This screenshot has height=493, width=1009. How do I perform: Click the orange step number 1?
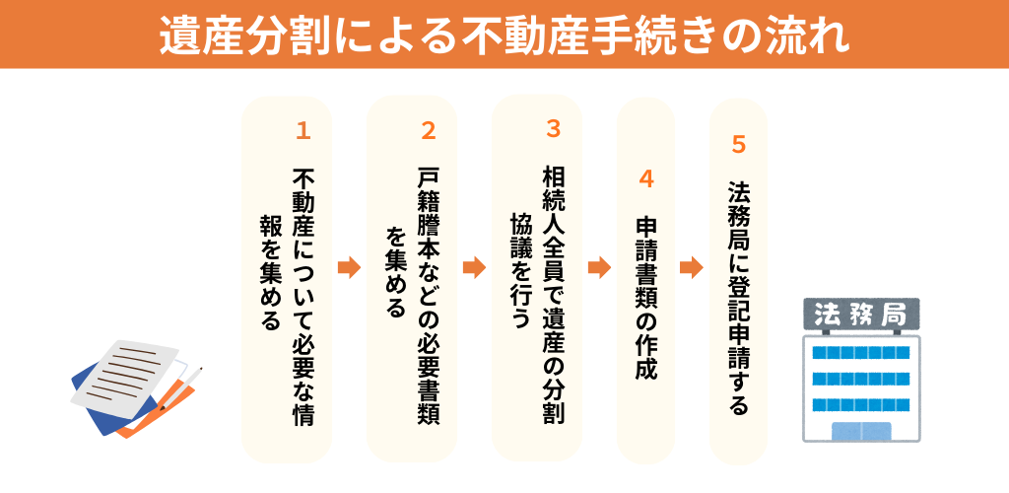pyautogui.click(x=303, y=130)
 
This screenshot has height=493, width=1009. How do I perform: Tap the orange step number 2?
pyautogui.click(x=428, y=130)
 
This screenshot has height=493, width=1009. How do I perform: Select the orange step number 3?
pyautogui.click(x=553, y=128)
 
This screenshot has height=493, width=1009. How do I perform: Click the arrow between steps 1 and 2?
pyautogui.click(x=349, y=267)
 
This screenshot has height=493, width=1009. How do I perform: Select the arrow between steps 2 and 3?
pyautogui.click(x=474, y=267)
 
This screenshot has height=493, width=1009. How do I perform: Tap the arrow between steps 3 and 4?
pyautogui.click(x=599, y=267)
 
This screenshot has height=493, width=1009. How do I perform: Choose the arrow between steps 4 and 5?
pyautogui.click(x=692, y=267)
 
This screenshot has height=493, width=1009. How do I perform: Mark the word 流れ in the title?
pyautogui.click(x=812, y=35)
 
